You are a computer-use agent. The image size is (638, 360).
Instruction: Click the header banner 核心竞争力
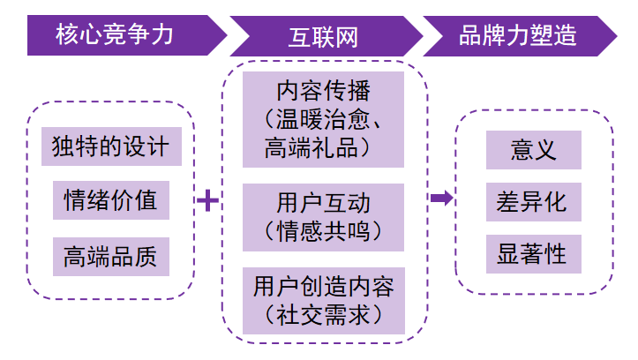point(122,35)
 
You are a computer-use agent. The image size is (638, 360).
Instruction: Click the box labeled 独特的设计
point(111,146)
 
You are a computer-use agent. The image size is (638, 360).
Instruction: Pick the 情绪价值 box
point(111,200)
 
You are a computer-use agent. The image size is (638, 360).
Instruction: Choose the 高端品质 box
point(111,257)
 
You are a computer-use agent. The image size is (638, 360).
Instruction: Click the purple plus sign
point(208,200)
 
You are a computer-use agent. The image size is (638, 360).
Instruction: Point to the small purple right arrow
point(441,199)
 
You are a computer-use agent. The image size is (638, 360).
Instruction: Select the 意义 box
point(533,150)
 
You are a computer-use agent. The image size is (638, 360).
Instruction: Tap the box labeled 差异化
point(533,202)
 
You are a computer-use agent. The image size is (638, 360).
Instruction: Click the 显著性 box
point(533,254)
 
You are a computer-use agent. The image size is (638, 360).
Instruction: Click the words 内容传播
point(324,90)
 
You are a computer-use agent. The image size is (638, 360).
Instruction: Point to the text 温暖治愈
point(323,119)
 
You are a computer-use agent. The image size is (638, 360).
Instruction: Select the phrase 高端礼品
point(311,147)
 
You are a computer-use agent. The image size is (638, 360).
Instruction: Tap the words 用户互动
point(324,203)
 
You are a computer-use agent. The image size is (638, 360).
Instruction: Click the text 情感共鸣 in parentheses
point(324,231)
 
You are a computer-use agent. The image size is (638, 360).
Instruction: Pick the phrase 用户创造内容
point(324,287)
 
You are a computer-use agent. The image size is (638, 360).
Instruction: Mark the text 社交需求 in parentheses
point(324,315)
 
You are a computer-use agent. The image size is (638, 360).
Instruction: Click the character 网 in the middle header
point(347,37)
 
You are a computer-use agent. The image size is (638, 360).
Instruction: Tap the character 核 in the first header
point(67,34)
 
